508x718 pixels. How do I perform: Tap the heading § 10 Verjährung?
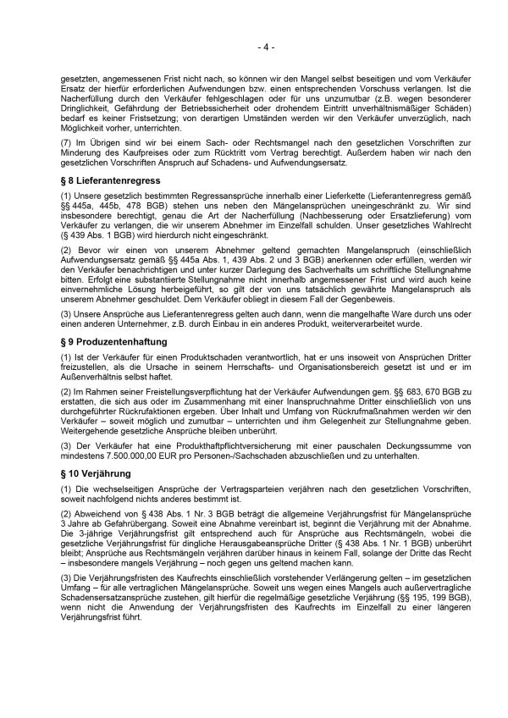pos(97,474)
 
